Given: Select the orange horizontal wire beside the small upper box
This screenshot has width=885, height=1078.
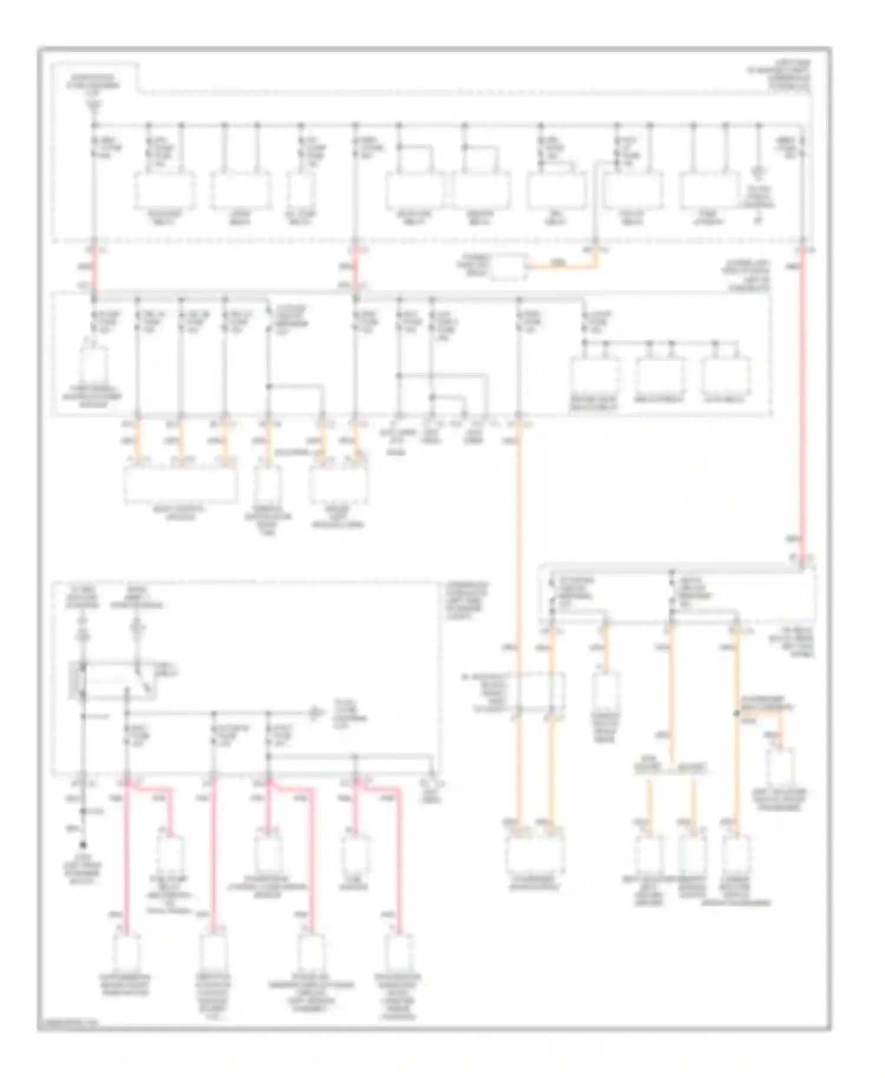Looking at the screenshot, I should [x=560, y=267].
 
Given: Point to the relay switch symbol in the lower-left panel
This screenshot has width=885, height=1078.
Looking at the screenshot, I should [x=142, y=678].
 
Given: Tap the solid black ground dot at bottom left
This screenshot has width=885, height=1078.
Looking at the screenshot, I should [x=83, y=845].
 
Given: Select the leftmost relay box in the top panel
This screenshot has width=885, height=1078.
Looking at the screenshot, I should [x=165, y=190].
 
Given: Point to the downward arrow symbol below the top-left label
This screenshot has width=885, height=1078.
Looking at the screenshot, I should [x=94, y=106].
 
